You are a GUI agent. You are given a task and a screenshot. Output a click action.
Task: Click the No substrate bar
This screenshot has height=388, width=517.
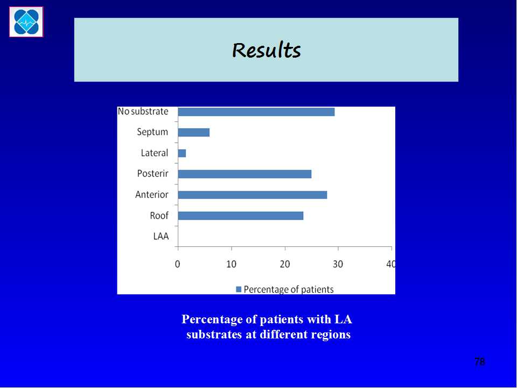point(256,112)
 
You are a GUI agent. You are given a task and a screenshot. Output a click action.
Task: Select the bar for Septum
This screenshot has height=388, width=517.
point(194,133)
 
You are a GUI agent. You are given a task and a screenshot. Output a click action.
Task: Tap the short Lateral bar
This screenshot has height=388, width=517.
point(182,153)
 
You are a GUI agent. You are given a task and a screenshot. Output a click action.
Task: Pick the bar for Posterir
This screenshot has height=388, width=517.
point(244,174)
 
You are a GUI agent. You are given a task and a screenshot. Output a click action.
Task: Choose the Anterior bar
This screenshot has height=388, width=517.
point(253,195)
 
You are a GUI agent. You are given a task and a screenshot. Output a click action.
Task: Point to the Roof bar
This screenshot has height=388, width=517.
point(241,216)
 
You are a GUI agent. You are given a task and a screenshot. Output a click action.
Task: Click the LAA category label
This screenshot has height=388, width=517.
point(161,236)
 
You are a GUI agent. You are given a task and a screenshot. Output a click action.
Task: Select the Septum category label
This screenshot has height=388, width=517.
point(152,132)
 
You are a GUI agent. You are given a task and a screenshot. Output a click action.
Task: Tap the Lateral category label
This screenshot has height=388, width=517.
point(155,153)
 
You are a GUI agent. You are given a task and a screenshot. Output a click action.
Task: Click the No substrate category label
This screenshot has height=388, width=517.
point(143,112)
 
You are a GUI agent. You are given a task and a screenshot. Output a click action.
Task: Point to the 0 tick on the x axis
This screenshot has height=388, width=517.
point(178,264)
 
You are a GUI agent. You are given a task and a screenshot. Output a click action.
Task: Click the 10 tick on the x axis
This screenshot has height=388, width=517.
point(232,264)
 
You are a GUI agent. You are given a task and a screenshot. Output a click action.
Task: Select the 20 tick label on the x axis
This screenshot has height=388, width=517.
point(285,264)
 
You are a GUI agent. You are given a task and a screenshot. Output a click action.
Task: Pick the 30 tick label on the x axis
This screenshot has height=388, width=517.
point(338,264)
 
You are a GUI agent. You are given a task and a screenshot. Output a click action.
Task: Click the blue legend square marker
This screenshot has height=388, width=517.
point(239,289)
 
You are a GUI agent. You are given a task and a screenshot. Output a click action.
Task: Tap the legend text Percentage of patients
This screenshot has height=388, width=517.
point(289,289)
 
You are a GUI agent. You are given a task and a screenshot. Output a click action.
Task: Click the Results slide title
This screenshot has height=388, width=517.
point(267,50)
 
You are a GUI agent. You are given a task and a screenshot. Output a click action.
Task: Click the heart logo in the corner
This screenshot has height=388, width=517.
point(26,22)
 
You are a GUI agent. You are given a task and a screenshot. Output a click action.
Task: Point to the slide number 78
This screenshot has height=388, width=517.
point(480,362)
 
